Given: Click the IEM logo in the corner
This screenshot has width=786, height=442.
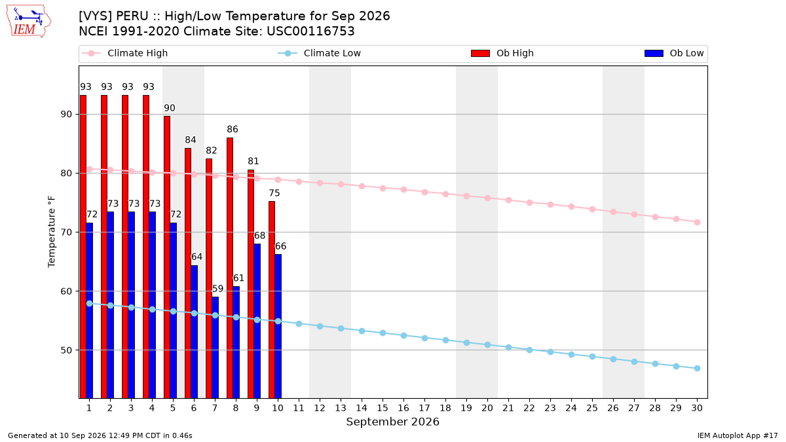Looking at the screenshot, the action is (x=29, y=22).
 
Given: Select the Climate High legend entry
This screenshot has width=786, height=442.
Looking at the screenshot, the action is (x=124, y=53).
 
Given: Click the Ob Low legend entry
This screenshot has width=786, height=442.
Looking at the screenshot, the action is (x=674, y=53).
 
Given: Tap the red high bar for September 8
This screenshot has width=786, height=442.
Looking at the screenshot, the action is (x=230, y=268).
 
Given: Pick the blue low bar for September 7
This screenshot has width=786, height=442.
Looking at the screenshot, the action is (x=215, y=348).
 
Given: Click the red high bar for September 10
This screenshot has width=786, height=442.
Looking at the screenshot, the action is (x=272, y=300).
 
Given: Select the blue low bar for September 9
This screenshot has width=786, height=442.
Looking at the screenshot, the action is (x=257, y=321).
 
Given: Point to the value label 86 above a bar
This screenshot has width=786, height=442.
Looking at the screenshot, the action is (x=233, y=130).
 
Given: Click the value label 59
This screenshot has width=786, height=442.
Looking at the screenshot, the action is (x=217, y=289).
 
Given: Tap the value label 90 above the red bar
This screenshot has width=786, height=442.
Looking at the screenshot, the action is (x=170, y=108).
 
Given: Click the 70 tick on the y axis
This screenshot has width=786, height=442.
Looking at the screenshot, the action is (x=66, y=232).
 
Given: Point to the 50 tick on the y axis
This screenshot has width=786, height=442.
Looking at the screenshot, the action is (x=66, y=350).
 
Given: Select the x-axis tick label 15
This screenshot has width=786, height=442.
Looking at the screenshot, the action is (x=383, y=408).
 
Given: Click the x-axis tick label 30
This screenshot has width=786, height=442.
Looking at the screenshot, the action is (x=697, y=408).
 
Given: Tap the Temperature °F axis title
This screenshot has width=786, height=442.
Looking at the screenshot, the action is (x=52, y=232).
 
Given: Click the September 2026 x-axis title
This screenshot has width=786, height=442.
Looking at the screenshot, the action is (x=392, y=422).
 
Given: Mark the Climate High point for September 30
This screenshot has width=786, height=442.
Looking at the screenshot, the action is (x=697, y=223).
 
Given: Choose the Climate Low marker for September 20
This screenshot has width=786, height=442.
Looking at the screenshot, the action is (x=487, y=345).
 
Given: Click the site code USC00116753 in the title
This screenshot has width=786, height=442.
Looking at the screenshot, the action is (x=310, y=31).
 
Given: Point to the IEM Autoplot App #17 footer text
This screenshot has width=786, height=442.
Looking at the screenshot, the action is (x=738, y=435).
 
